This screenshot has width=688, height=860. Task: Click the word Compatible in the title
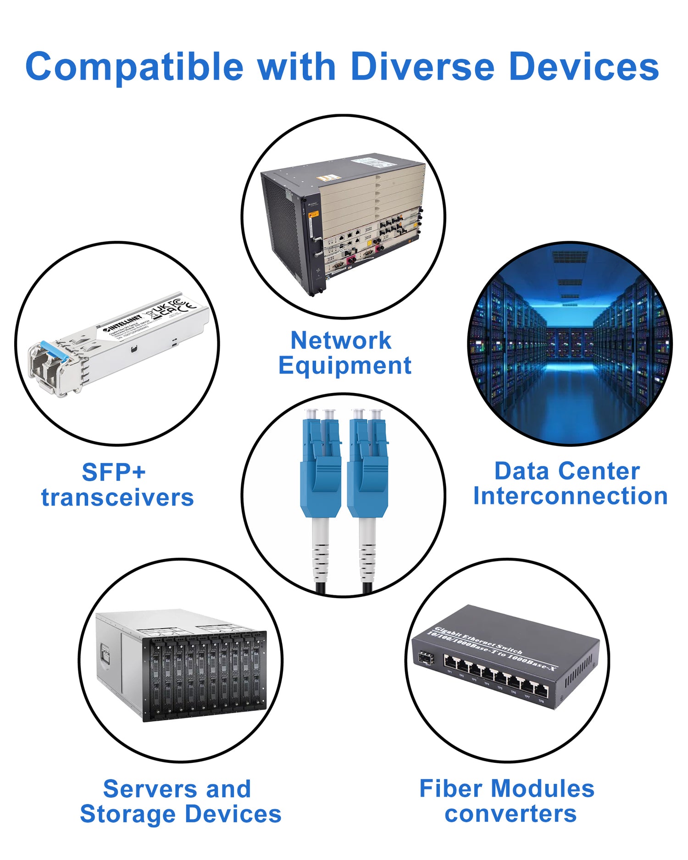[134, 67]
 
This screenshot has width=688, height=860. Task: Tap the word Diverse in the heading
[422, 67]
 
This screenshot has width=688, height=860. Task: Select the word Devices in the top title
[583, 67]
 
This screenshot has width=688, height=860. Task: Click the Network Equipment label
[344, 353]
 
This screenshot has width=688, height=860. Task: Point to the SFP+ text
[114, 472]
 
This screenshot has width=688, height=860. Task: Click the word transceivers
[117, 498]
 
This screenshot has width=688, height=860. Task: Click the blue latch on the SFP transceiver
[54, 352]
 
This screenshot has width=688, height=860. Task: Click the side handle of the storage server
[105, 654]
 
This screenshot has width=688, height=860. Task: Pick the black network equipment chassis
[342, 220]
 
